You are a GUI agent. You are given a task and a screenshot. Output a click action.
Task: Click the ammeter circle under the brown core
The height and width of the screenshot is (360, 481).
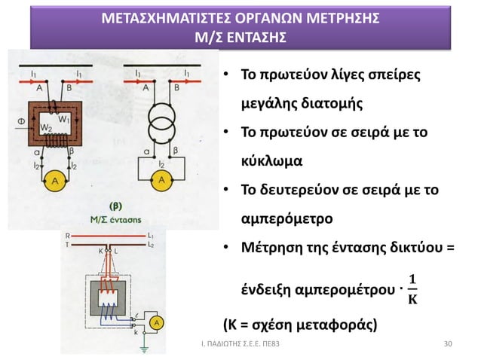tap(54, 178)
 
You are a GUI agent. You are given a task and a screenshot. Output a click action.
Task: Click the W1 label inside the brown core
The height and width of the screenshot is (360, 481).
tap(64, 117)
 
